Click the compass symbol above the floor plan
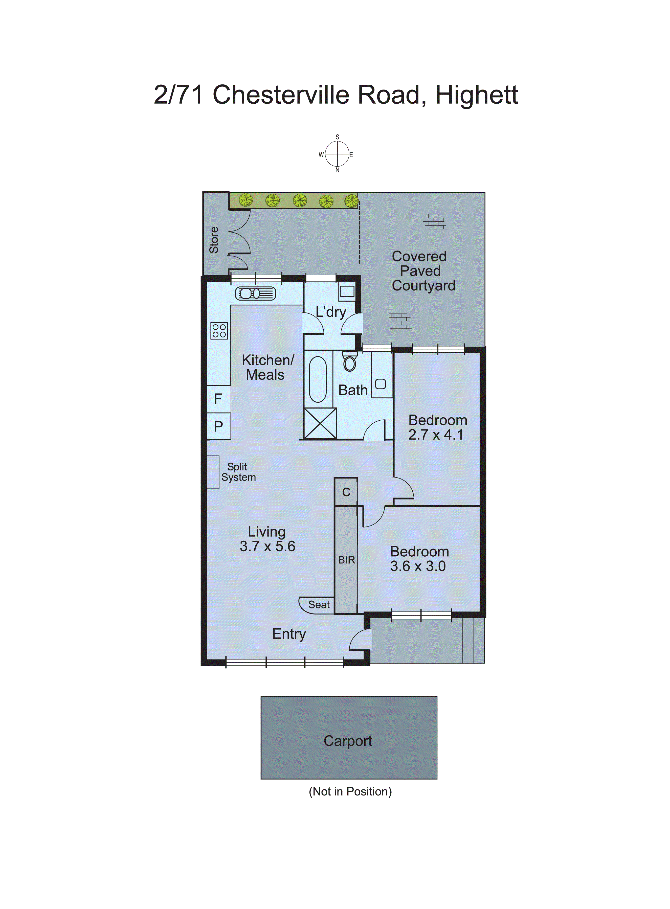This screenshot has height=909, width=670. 337,154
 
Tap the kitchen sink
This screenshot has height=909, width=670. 256,293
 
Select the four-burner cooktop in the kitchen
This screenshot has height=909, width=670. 219,331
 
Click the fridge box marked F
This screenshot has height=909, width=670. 218,399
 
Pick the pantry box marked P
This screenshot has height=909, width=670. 218,426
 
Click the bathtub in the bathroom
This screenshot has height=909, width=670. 318,379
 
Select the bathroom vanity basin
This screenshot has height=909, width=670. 381,383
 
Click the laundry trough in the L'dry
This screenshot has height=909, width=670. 347,291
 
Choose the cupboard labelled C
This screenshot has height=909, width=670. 346,492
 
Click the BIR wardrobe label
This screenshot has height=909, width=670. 346,560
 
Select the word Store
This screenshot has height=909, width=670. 214,240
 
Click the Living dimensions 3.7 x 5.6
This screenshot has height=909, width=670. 267,546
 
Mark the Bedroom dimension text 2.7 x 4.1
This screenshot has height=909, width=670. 436,435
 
